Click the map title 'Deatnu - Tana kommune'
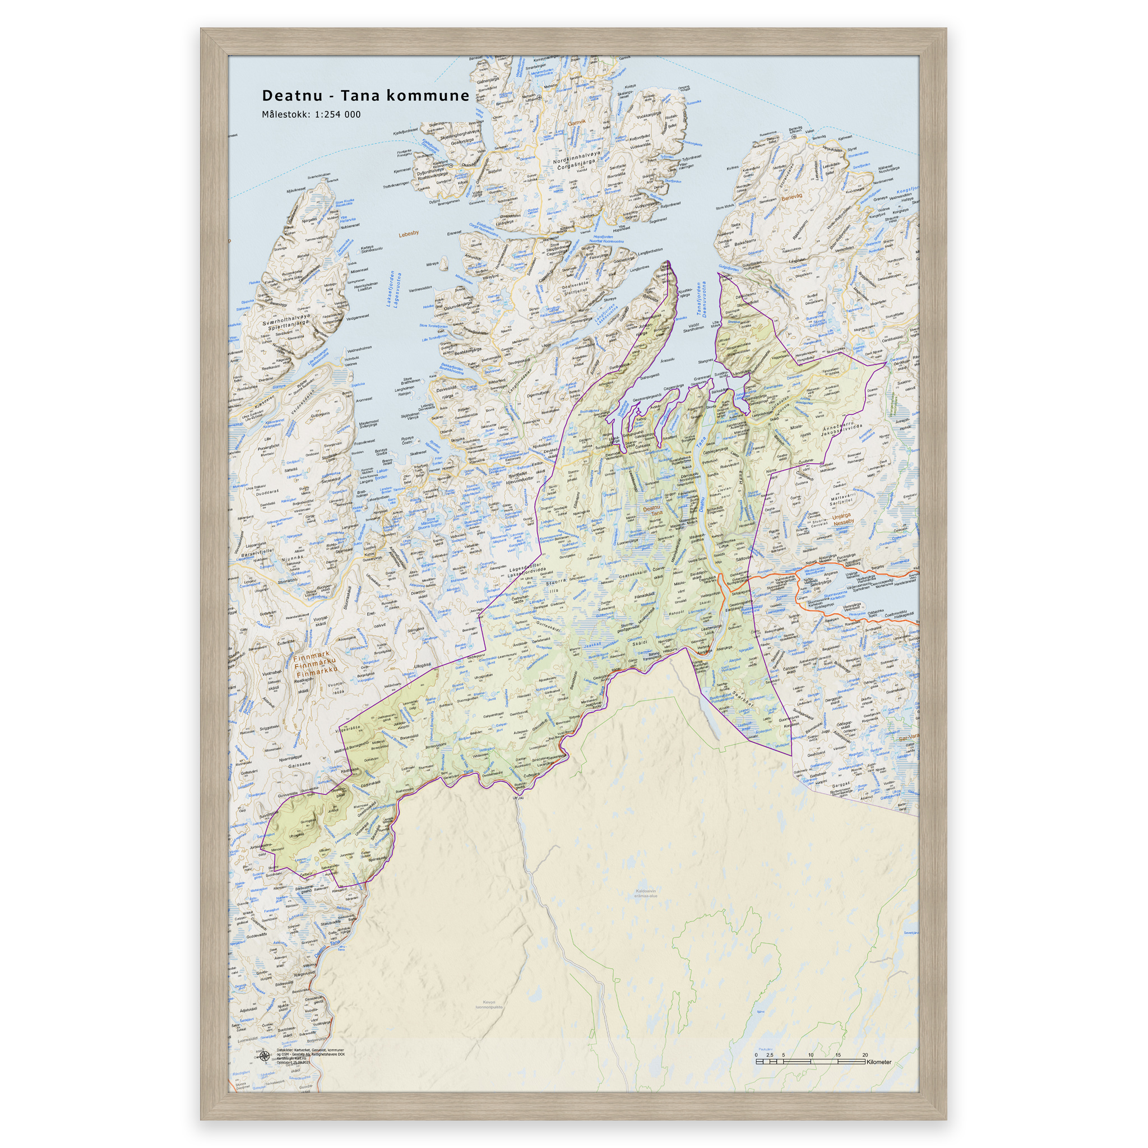tap(365, 96)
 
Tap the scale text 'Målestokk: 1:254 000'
tap(311, 115)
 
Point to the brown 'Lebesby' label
tap(409, 233)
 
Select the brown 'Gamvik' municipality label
tap(576, 123)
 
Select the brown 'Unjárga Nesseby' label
tap(843, 518)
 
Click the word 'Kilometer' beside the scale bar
tap(879, 1062)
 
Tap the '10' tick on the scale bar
tap(811, 1055)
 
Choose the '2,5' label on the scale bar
tap(770, 1055)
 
